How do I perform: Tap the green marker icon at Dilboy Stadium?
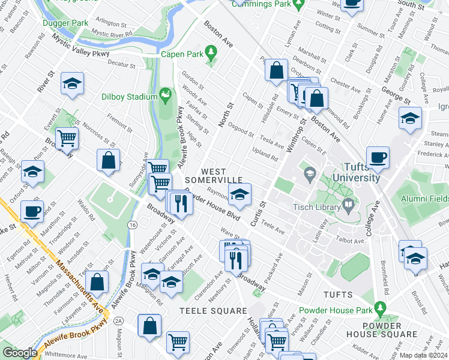pos(165,95)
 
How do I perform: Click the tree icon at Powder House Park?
pos(379,310)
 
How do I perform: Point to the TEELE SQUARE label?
pos(213,310)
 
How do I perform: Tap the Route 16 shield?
pos(132,224)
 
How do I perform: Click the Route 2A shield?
pos(119,322)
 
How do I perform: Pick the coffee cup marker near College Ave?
pos(378,158)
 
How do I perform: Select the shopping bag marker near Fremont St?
pos(108,161)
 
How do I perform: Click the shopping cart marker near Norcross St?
pos(67,138)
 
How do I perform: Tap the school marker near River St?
pos(72,84)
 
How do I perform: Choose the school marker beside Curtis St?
pos(240,194)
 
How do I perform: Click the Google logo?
pos(19,353)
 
